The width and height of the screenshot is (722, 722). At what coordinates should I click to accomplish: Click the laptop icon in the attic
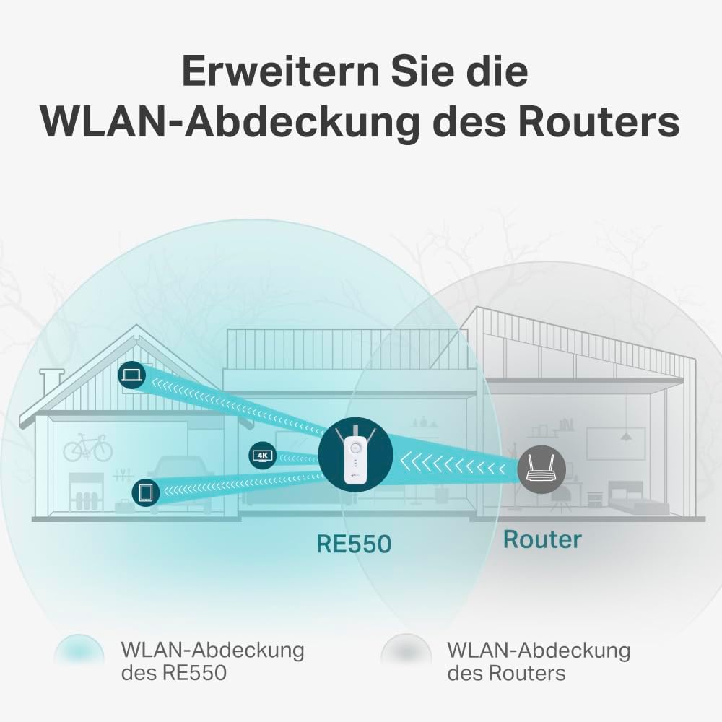point(132,375)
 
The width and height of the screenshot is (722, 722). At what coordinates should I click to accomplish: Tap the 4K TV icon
point(261,455)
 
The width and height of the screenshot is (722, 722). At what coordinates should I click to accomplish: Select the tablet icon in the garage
point(145,492)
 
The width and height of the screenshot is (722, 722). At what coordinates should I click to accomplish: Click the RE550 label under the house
point(353,543)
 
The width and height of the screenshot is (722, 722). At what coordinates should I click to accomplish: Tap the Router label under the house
point(541,539)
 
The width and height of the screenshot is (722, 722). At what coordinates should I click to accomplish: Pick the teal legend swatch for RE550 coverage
point(79,653)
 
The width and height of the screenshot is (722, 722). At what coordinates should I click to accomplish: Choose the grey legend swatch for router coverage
point(406,653)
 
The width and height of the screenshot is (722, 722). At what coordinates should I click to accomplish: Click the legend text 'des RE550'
point(173,674)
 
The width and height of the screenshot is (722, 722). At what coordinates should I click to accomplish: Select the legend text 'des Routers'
point(506,674)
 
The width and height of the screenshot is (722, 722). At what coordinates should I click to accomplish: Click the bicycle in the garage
point(88,448)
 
